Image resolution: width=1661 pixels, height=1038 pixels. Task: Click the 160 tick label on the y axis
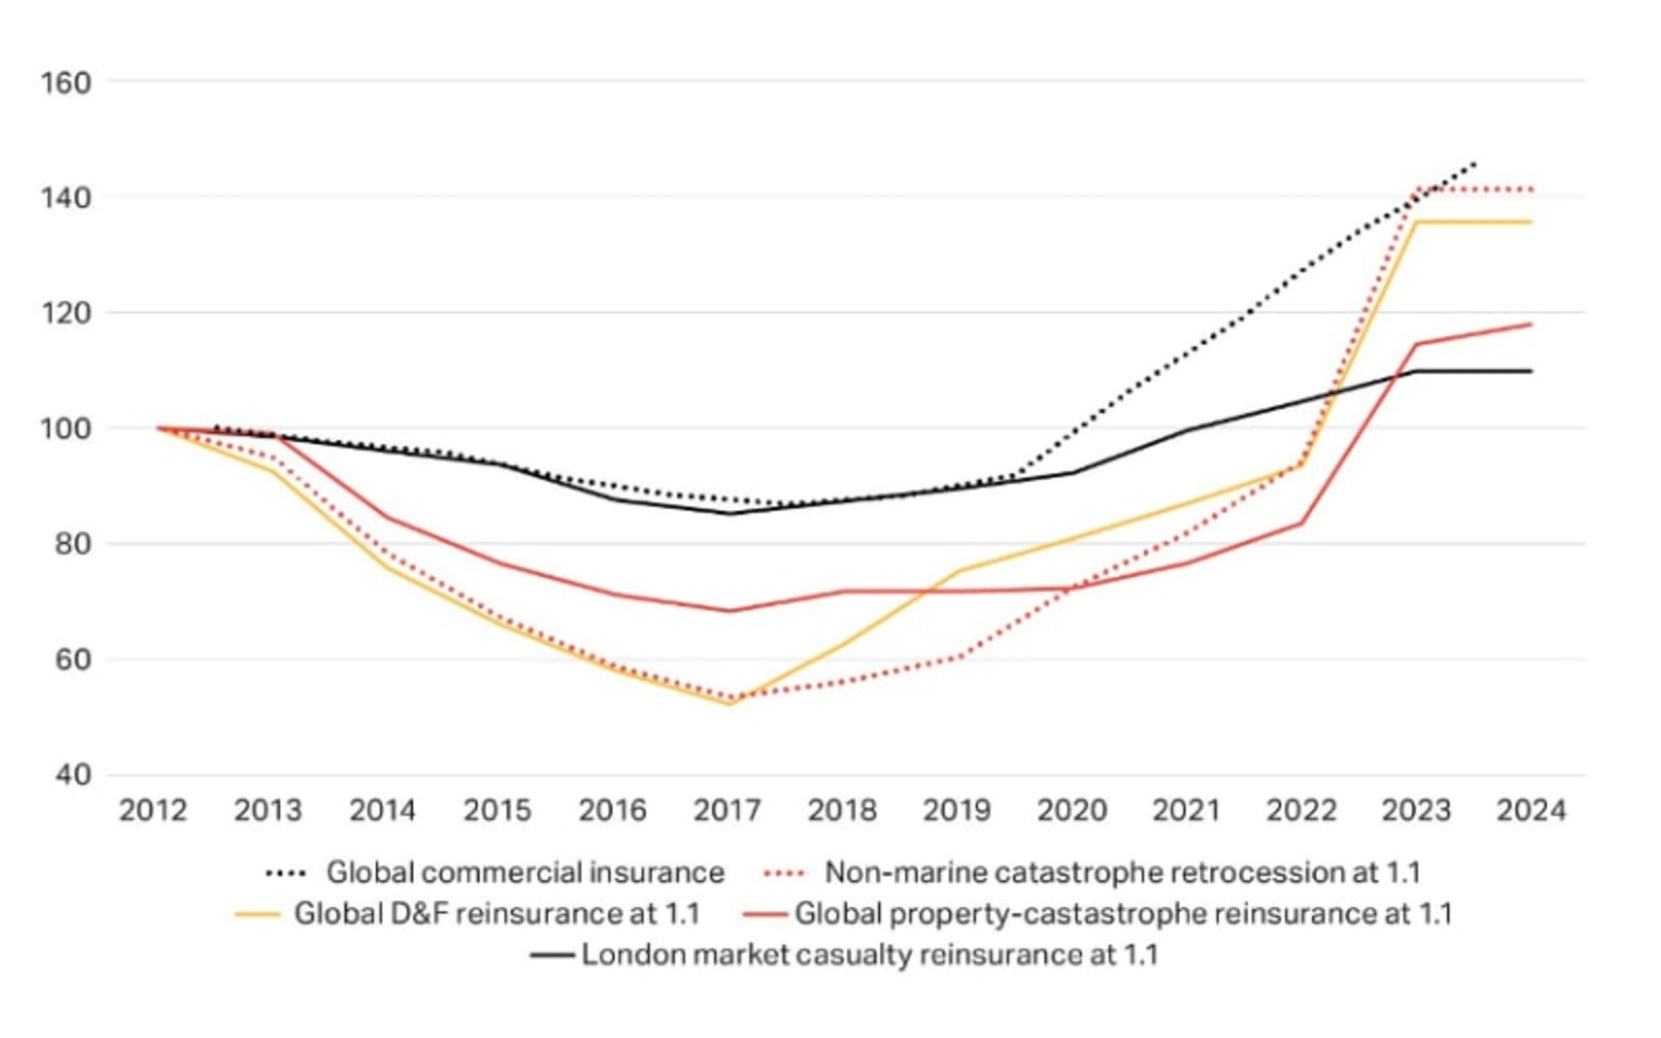[65, 83]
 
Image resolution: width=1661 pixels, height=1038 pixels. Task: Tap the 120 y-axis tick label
[65, 313]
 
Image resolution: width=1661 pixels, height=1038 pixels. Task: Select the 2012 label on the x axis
[153, 810]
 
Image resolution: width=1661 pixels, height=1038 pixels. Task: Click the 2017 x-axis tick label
[727, 810]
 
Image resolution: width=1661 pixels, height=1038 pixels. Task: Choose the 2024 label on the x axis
[1531, 810]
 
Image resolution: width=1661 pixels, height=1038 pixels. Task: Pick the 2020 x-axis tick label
[1072, 810]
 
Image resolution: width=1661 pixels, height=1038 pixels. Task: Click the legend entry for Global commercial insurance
[525, 872]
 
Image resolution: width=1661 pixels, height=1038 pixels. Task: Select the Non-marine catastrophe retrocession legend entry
[1123, 872]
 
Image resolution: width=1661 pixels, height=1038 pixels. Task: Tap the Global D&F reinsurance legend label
[497, 914]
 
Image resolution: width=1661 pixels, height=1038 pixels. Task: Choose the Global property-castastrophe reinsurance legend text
[1123, 914]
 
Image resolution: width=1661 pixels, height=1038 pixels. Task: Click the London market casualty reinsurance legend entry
[870, 954]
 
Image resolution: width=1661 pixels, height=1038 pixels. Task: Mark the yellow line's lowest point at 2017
[729, 703]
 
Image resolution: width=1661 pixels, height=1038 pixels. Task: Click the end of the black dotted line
[1474, 163]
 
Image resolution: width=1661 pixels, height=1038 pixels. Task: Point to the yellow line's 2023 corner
[1416, 222]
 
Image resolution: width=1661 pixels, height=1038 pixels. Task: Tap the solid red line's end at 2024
[1531, 324]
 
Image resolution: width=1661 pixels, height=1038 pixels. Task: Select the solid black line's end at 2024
[1531, 371]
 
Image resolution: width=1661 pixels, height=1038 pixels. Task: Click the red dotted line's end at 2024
[1531, 190]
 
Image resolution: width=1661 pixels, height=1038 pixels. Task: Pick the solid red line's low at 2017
[729, 610]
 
